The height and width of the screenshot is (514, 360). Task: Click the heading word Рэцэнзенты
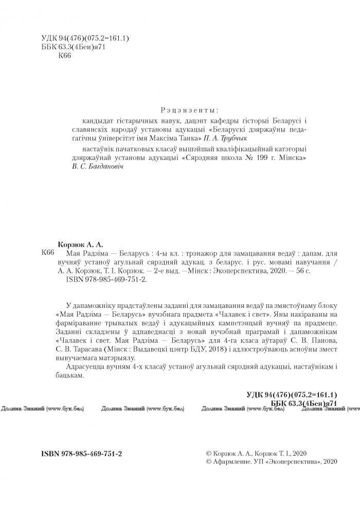click(190, 110)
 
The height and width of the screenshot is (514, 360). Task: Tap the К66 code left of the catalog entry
click(47, 254)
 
